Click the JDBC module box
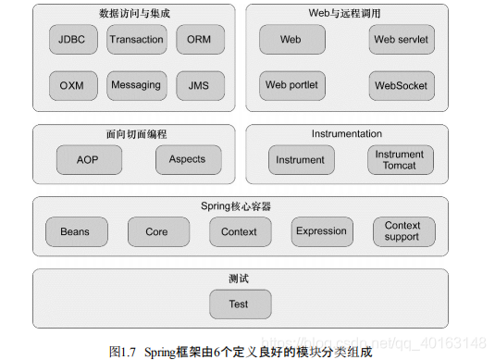tap(71, 40)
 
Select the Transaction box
tap(136, 40)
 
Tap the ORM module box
tap(199, 40)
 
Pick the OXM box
tap(71, 86)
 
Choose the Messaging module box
tap(136, 86)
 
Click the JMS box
tap(199, 86)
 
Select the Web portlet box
tap(291, 86)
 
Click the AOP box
tap(88, 159)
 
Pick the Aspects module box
tap(188, 159)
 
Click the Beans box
tap(75, 231)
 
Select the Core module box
tap(157, 231)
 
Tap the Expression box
tap(321, 231)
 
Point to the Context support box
tap(402, 231)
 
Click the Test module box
tap(239, 304)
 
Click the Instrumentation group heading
tap(347, 134)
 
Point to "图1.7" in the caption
tap(124, 352)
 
